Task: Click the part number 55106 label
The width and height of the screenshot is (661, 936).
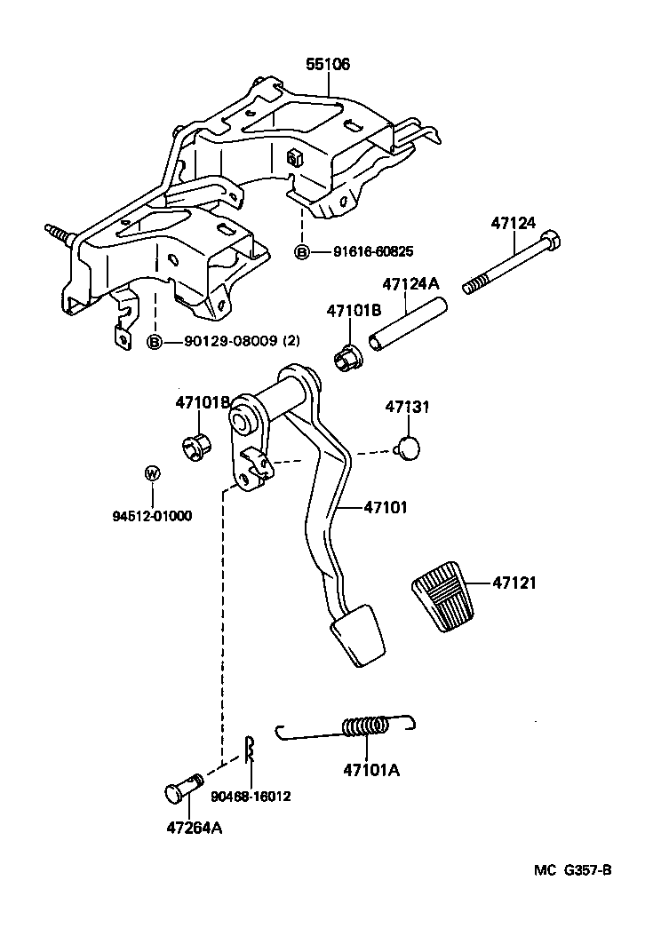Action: coord(328,65)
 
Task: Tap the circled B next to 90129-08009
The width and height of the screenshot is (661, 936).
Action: coord(155,342)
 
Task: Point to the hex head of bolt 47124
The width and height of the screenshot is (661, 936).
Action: coord(550,241)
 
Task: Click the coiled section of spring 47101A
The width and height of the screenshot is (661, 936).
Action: coord(366,726)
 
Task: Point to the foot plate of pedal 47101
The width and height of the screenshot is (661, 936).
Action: coord(359,634)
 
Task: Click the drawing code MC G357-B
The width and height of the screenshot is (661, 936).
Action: coord(572,869)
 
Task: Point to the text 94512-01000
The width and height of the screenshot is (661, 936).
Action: coord(152,515)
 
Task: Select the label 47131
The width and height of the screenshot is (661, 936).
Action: coord(407,407)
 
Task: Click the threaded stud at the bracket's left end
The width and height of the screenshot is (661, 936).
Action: coord(57,234)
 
